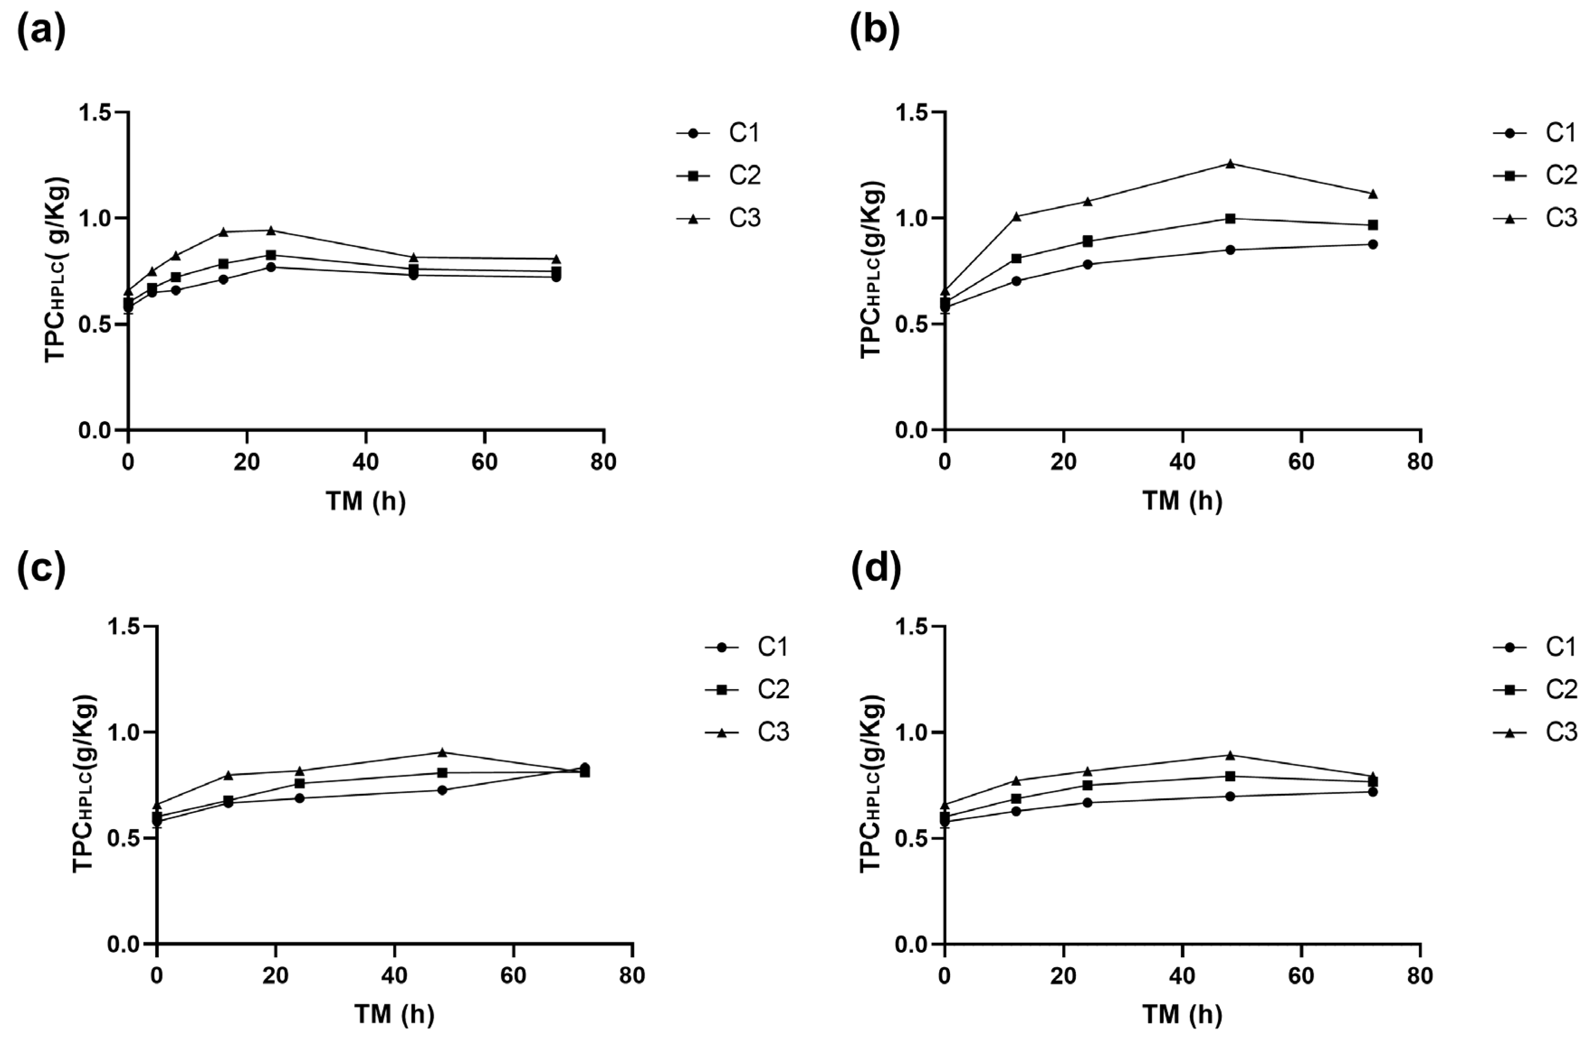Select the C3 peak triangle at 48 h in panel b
pyautogui.click(x=1230, y=163)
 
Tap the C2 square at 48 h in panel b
pyautogui.click(x=1230, y=218)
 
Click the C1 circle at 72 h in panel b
pyautogui.click(x=1373, y=245)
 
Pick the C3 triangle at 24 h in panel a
pyautogui.click(x=271, y=230)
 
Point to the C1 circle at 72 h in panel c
pyautogui.click(x=585, y=768)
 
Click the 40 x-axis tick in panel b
pyautogui.click(x=1182, y=462)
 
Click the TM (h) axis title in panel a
pyautogui.click(x=366, y=501)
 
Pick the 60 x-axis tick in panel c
pyautogui.click(x=513, y=976)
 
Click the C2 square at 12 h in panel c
pyautogui.click(x=228, y=801)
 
